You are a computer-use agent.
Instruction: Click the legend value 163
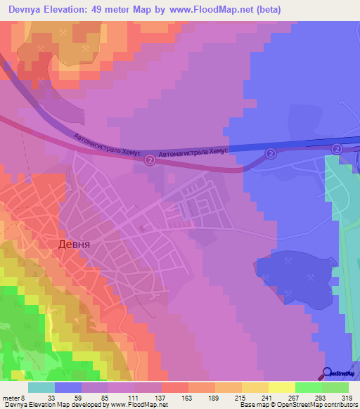click(188, 397)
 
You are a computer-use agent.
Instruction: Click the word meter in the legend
click(10, 397)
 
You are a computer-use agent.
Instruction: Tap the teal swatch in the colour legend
click(41, 387)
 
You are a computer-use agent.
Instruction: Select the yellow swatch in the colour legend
click(282, 387)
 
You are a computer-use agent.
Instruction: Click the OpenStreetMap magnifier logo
click(328, 372)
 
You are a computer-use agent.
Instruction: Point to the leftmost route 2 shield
click(149, 160)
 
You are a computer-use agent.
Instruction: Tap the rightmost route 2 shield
click(337, 149)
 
